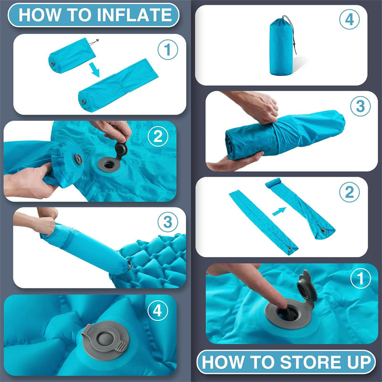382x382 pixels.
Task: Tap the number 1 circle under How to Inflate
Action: (168, 50)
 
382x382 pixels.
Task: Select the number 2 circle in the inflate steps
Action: (158, 137)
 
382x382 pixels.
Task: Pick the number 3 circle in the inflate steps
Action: (168, 222)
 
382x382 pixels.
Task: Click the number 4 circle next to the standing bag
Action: (350, 20)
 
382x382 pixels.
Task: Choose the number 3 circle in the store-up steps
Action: (361, 106)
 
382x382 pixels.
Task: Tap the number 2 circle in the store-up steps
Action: (350, 192)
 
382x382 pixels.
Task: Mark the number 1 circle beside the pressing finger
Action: (361, 278)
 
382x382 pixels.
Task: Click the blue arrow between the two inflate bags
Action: (94, 70)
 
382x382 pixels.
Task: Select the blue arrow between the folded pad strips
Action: (279, 211)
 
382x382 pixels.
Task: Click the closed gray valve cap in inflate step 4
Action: (105, 340)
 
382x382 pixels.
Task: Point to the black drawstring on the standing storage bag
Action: (292, 34)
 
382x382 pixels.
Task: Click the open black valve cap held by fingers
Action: (121, 149)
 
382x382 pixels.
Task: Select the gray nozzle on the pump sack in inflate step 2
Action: (78, 159)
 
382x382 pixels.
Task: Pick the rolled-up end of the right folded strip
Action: (273, 183)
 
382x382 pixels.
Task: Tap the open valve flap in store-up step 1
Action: (307, 286)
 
